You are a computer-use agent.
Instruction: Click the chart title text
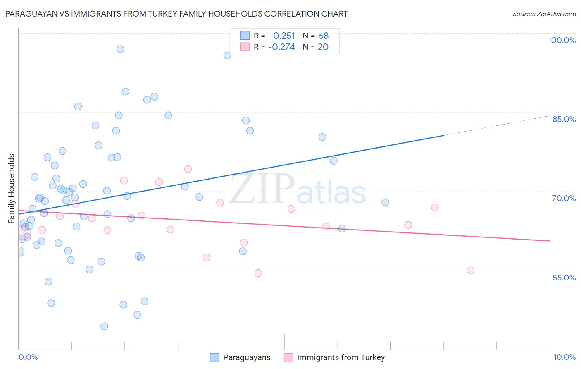pyautogui.click(x=176, y=14)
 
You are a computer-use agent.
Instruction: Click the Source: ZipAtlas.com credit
pyautogui.click(x=544, y=14)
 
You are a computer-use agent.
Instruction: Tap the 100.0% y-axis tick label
pyautogui.click(x=562, y=40)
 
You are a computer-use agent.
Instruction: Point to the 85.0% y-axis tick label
pyautogui.click(x=564, y=119)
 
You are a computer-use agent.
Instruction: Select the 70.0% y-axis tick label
pyautogui.click(x=564, y=198)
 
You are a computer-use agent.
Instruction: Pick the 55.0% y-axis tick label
pyautogui.click(x=564, y=278)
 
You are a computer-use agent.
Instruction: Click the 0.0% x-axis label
pyautogui.click(x=28, y=357)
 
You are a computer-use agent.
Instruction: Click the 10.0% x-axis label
pyautogui.click(x=564, y=357)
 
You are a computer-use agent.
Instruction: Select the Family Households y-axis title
pyautogui.click(x=12, y=189)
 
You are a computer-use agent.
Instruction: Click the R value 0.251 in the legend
pyautogui.click(x=284, y=36)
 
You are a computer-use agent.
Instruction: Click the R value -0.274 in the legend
pyautogui.click(x=281, y=47)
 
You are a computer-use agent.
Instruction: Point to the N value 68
pyautogui.click(x=323, y=36)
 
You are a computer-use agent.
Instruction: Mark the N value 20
pyautogui.click(x=323, y=47)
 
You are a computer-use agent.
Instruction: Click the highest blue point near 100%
pyautogui.click(x=120, y=49)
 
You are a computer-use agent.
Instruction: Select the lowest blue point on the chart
pyautogui.click(x=104, y=326)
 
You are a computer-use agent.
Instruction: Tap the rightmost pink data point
pyautogui.click(x=470, y=271)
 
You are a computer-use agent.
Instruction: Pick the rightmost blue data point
pyautogui.click(x=385, y=202)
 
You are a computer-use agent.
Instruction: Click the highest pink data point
pyautogui.click(x=188, y=169)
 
